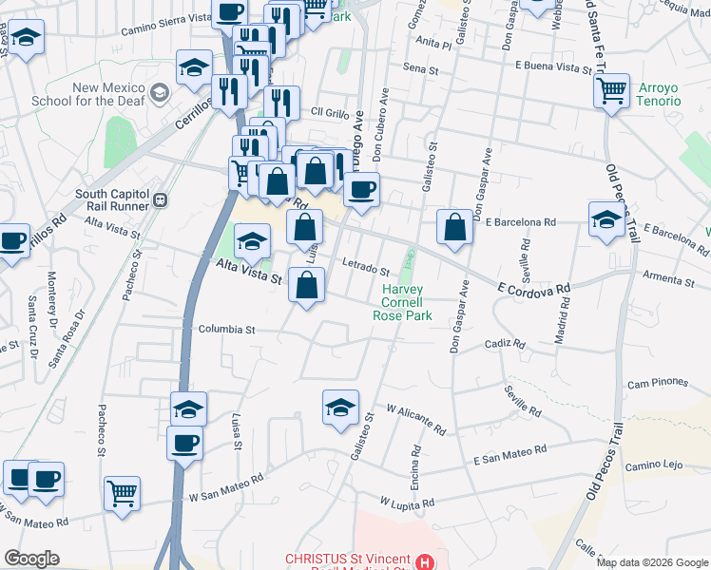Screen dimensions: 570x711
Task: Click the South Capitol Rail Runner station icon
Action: click(x=161, y=200)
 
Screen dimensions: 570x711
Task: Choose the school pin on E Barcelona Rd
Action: click(x=605, y=219)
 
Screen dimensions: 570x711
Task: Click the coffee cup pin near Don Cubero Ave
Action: click(x=360, y=189)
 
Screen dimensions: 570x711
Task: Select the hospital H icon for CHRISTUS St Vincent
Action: click(x=424, y=560)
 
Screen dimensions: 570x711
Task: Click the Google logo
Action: click(x=32, y=559)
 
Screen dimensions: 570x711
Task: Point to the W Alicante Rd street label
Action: click(x=416, y=418)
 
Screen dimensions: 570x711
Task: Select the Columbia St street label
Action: click(x=227, y=330)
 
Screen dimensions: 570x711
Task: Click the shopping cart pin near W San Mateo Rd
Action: click(x=123, y=493)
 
